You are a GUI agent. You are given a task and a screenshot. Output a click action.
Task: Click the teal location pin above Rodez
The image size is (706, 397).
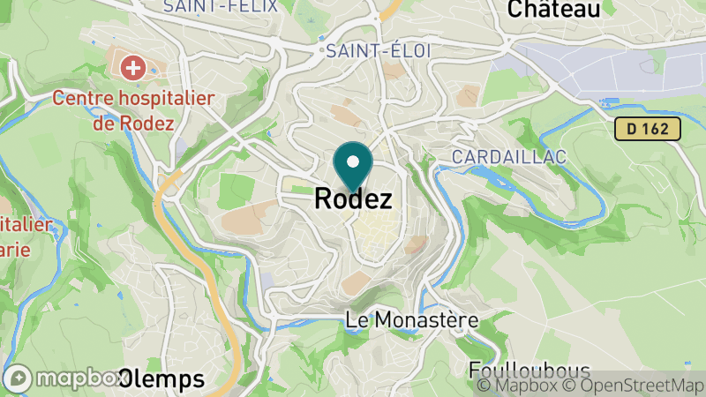(354, 164)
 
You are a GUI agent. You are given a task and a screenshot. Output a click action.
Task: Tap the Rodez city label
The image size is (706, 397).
(353, 200)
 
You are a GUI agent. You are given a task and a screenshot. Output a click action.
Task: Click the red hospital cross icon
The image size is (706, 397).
(134, 67)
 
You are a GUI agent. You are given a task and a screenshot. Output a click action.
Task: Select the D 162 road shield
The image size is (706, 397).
(649, 129)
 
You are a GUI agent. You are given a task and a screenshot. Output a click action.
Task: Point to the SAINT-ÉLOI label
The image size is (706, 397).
(379, 51)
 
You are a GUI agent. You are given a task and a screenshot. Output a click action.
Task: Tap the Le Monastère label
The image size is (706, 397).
(411, 320)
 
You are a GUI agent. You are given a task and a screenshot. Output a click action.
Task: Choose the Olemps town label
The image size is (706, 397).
(161, 380)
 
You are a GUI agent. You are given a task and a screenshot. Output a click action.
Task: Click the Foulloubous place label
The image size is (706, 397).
(517, 369)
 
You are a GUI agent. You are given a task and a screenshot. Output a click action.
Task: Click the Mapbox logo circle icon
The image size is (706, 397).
(19, 378)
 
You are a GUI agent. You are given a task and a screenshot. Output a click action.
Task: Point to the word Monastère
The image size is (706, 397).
(436, 320)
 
